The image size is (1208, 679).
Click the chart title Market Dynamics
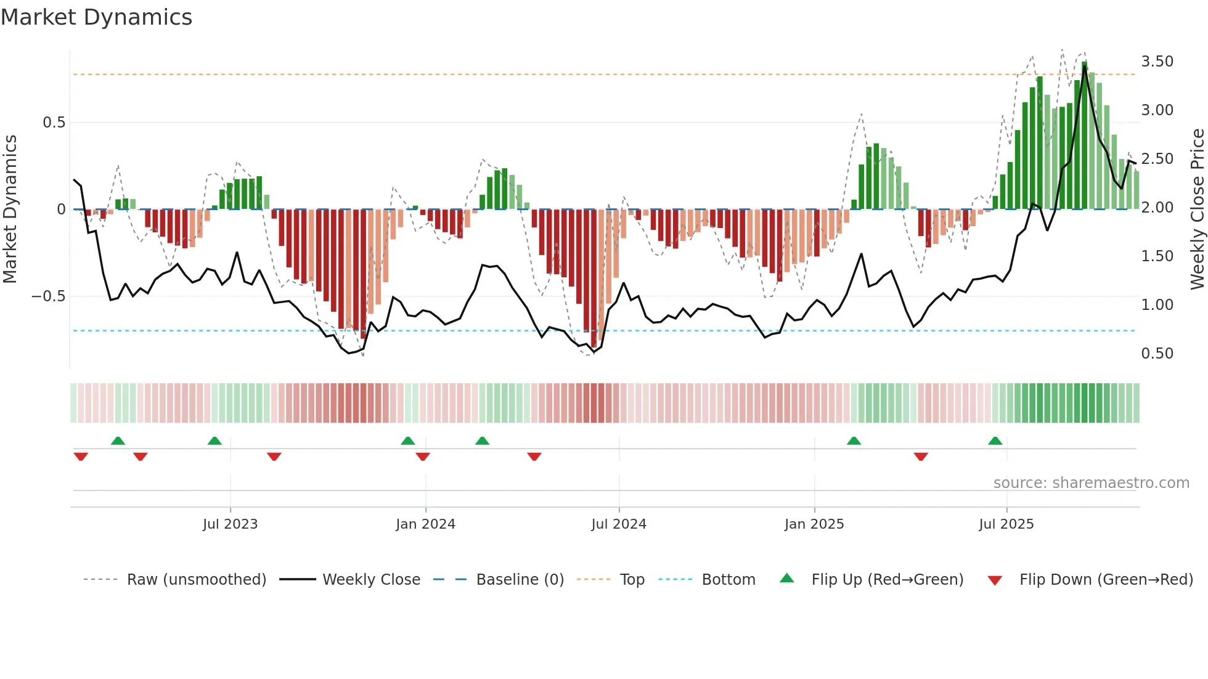pos(96,17)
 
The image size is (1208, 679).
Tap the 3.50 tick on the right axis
pos(1157,62)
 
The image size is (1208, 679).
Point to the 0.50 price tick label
pos(1157,354)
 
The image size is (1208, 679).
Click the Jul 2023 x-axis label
pos(230,524)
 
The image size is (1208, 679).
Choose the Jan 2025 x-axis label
pos(814,524)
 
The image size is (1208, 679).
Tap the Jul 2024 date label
pos(619,524)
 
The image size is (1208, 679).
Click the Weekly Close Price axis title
pos(1197,209)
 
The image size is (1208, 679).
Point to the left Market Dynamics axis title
pos(10,209)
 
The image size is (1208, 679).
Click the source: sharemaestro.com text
pos(1091,483)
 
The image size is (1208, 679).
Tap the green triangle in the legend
pos(787,579)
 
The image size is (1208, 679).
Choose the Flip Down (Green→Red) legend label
pos(1106,580)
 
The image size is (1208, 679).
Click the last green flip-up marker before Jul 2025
pos(995,441)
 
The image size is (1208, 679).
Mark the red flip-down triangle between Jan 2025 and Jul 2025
pos(921,457)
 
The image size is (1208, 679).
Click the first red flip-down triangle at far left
pos(81,457)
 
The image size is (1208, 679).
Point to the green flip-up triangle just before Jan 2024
pos(407,441)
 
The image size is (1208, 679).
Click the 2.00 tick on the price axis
pos(1157,208)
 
